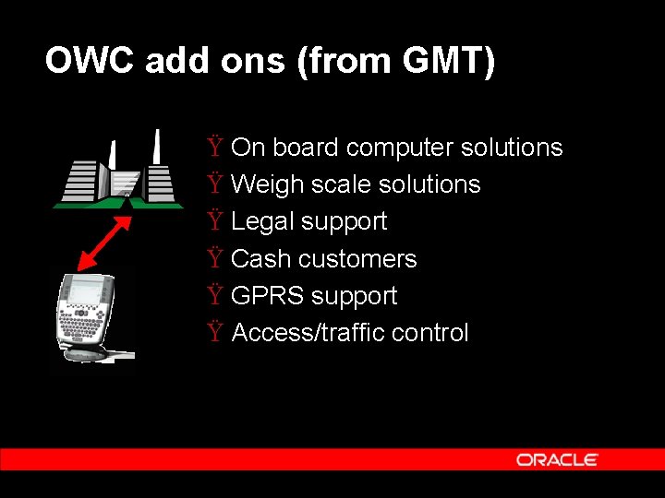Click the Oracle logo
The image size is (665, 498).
[x=557, y=459]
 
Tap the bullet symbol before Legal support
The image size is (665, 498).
[x=215, y=221]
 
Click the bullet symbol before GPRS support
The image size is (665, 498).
[x=215, y=296]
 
